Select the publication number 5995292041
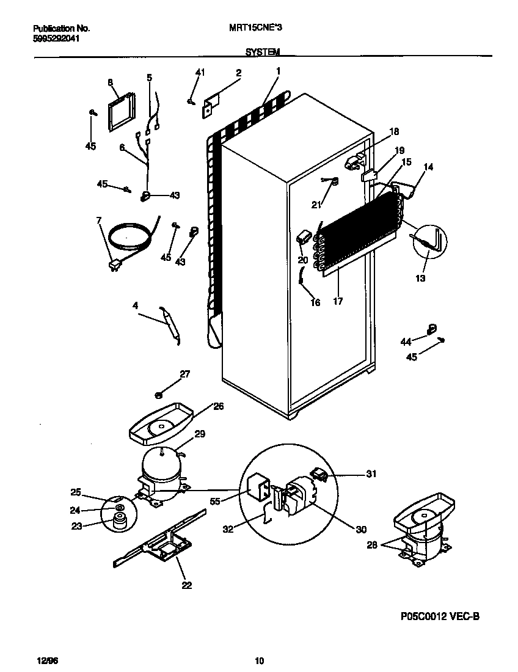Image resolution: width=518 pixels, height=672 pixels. [56, 38]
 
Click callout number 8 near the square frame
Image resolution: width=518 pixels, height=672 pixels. [111, 82]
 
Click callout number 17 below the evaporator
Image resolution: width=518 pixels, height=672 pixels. [338, 301]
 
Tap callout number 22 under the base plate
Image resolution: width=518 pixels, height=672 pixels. [186, 585]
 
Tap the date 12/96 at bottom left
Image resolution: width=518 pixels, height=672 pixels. [43, 660]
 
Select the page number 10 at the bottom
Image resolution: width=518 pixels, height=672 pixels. [259, 660]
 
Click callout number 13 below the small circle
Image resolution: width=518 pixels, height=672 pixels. [421, 278]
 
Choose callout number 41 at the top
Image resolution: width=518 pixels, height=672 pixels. [200, 73]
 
